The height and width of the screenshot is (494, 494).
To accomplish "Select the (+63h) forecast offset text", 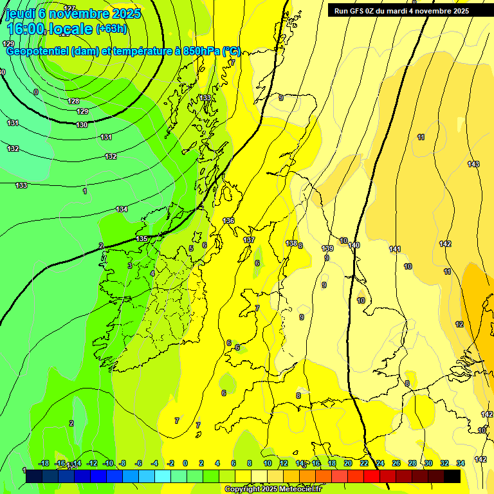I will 112,29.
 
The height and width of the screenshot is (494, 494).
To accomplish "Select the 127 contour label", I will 69,8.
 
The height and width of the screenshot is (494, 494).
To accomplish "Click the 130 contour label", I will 82,125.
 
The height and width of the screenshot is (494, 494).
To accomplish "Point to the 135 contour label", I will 142,239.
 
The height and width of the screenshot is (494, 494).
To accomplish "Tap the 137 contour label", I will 249,240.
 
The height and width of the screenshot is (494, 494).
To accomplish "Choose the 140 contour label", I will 354,245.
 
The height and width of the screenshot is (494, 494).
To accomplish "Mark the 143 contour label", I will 473,164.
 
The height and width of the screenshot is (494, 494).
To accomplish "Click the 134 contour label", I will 122,209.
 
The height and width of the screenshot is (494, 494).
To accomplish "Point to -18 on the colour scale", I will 44,463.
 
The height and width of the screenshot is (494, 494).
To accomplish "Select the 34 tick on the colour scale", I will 461,463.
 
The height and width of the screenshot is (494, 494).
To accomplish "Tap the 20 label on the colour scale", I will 348,463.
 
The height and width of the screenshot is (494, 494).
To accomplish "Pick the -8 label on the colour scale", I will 122,463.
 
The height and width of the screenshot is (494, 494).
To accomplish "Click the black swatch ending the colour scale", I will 452,476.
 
